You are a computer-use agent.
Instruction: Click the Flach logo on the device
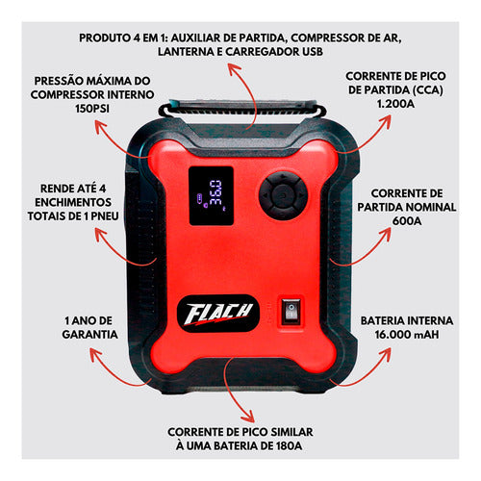(x=218, y=314)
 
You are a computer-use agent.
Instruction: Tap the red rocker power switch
(x=291, y=310)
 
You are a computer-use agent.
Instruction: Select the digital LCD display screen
(x=211, y=195)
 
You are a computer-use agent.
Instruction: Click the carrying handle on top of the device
(x=242, y=109)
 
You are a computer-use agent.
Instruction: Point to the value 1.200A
(x=395, y=104)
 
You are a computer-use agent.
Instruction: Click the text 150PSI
(x=92, y=109)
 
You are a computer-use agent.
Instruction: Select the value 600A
(x=407, y=221)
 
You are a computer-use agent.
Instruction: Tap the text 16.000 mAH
(x=407, y=335)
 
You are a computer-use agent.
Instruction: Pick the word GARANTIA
(x=89, y=335)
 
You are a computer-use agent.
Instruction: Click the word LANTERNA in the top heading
(x=186, y=51)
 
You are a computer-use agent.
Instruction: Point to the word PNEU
(x=104, y=215)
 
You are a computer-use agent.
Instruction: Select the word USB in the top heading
(x=313, y=51)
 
